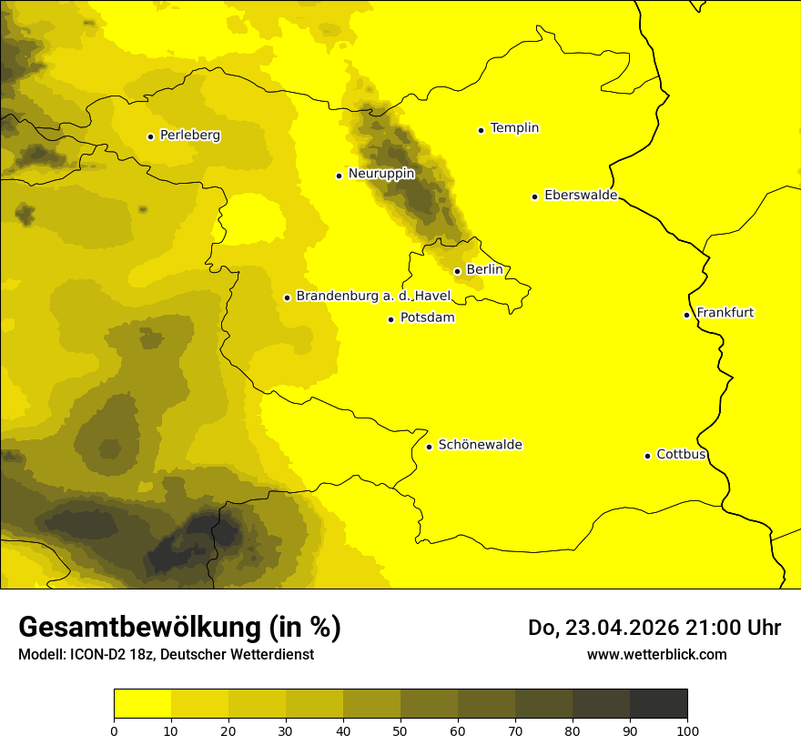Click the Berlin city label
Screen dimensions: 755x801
click(x=484, y=270)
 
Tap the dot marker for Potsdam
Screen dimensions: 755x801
click(x=391, y=319)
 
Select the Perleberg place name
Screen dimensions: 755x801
click(x=189, y=136)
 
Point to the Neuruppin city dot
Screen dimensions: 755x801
click(x=340, y=176)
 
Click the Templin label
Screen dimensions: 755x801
click(x=514, y=128)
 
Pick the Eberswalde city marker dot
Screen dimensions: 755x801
click(x=535, y=196)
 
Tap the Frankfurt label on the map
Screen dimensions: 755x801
click(x=725, y=313)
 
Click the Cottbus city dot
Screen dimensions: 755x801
click(x=648, y=456)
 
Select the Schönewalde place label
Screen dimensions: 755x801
click(x=480, y=445)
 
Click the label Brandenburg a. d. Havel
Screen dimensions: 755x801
click(x=373, y=296)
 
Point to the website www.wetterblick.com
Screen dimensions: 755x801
click(x=656, y=654)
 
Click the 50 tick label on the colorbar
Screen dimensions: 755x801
click(x=400, y=730)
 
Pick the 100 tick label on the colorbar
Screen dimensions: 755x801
click(x=686, y=730)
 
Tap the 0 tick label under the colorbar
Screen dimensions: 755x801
click(x=114, y=730)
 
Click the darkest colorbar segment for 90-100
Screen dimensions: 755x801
click(x=658, y=704)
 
